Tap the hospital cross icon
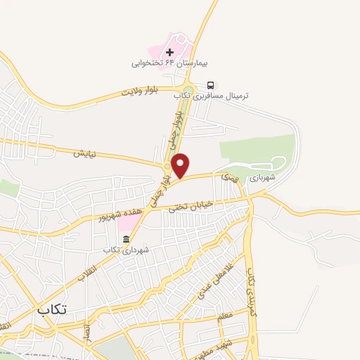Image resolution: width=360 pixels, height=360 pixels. (x=169, y=52)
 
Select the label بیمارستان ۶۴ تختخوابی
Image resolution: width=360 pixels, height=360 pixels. (x=167, y=63)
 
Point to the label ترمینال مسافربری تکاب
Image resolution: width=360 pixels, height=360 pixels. (x=221, y=95)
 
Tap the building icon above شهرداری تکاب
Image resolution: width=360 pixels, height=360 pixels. (x=125, y=239)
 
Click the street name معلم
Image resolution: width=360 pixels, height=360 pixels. (x=225, y=317)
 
